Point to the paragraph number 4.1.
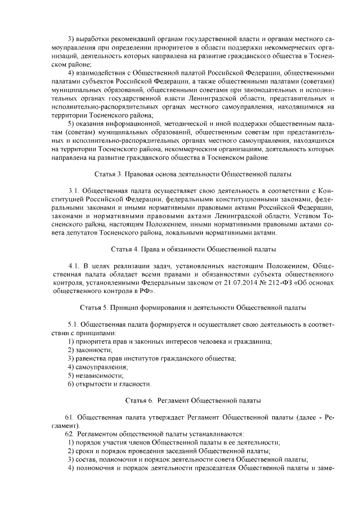74,265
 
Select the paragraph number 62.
69,435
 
